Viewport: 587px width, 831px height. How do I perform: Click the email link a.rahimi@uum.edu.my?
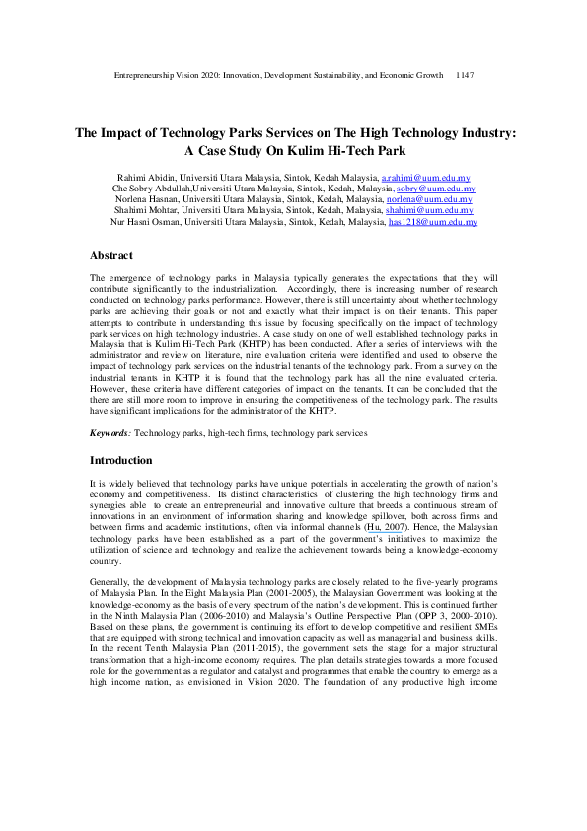[427, 176]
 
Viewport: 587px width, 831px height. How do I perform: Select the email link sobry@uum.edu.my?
[435, 188]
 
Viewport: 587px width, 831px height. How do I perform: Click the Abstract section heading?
[111, 255]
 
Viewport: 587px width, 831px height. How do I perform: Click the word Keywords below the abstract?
[110, 433]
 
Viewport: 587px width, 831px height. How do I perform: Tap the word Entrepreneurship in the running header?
[149, 75]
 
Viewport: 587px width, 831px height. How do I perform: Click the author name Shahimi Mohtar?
[149, 210]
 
